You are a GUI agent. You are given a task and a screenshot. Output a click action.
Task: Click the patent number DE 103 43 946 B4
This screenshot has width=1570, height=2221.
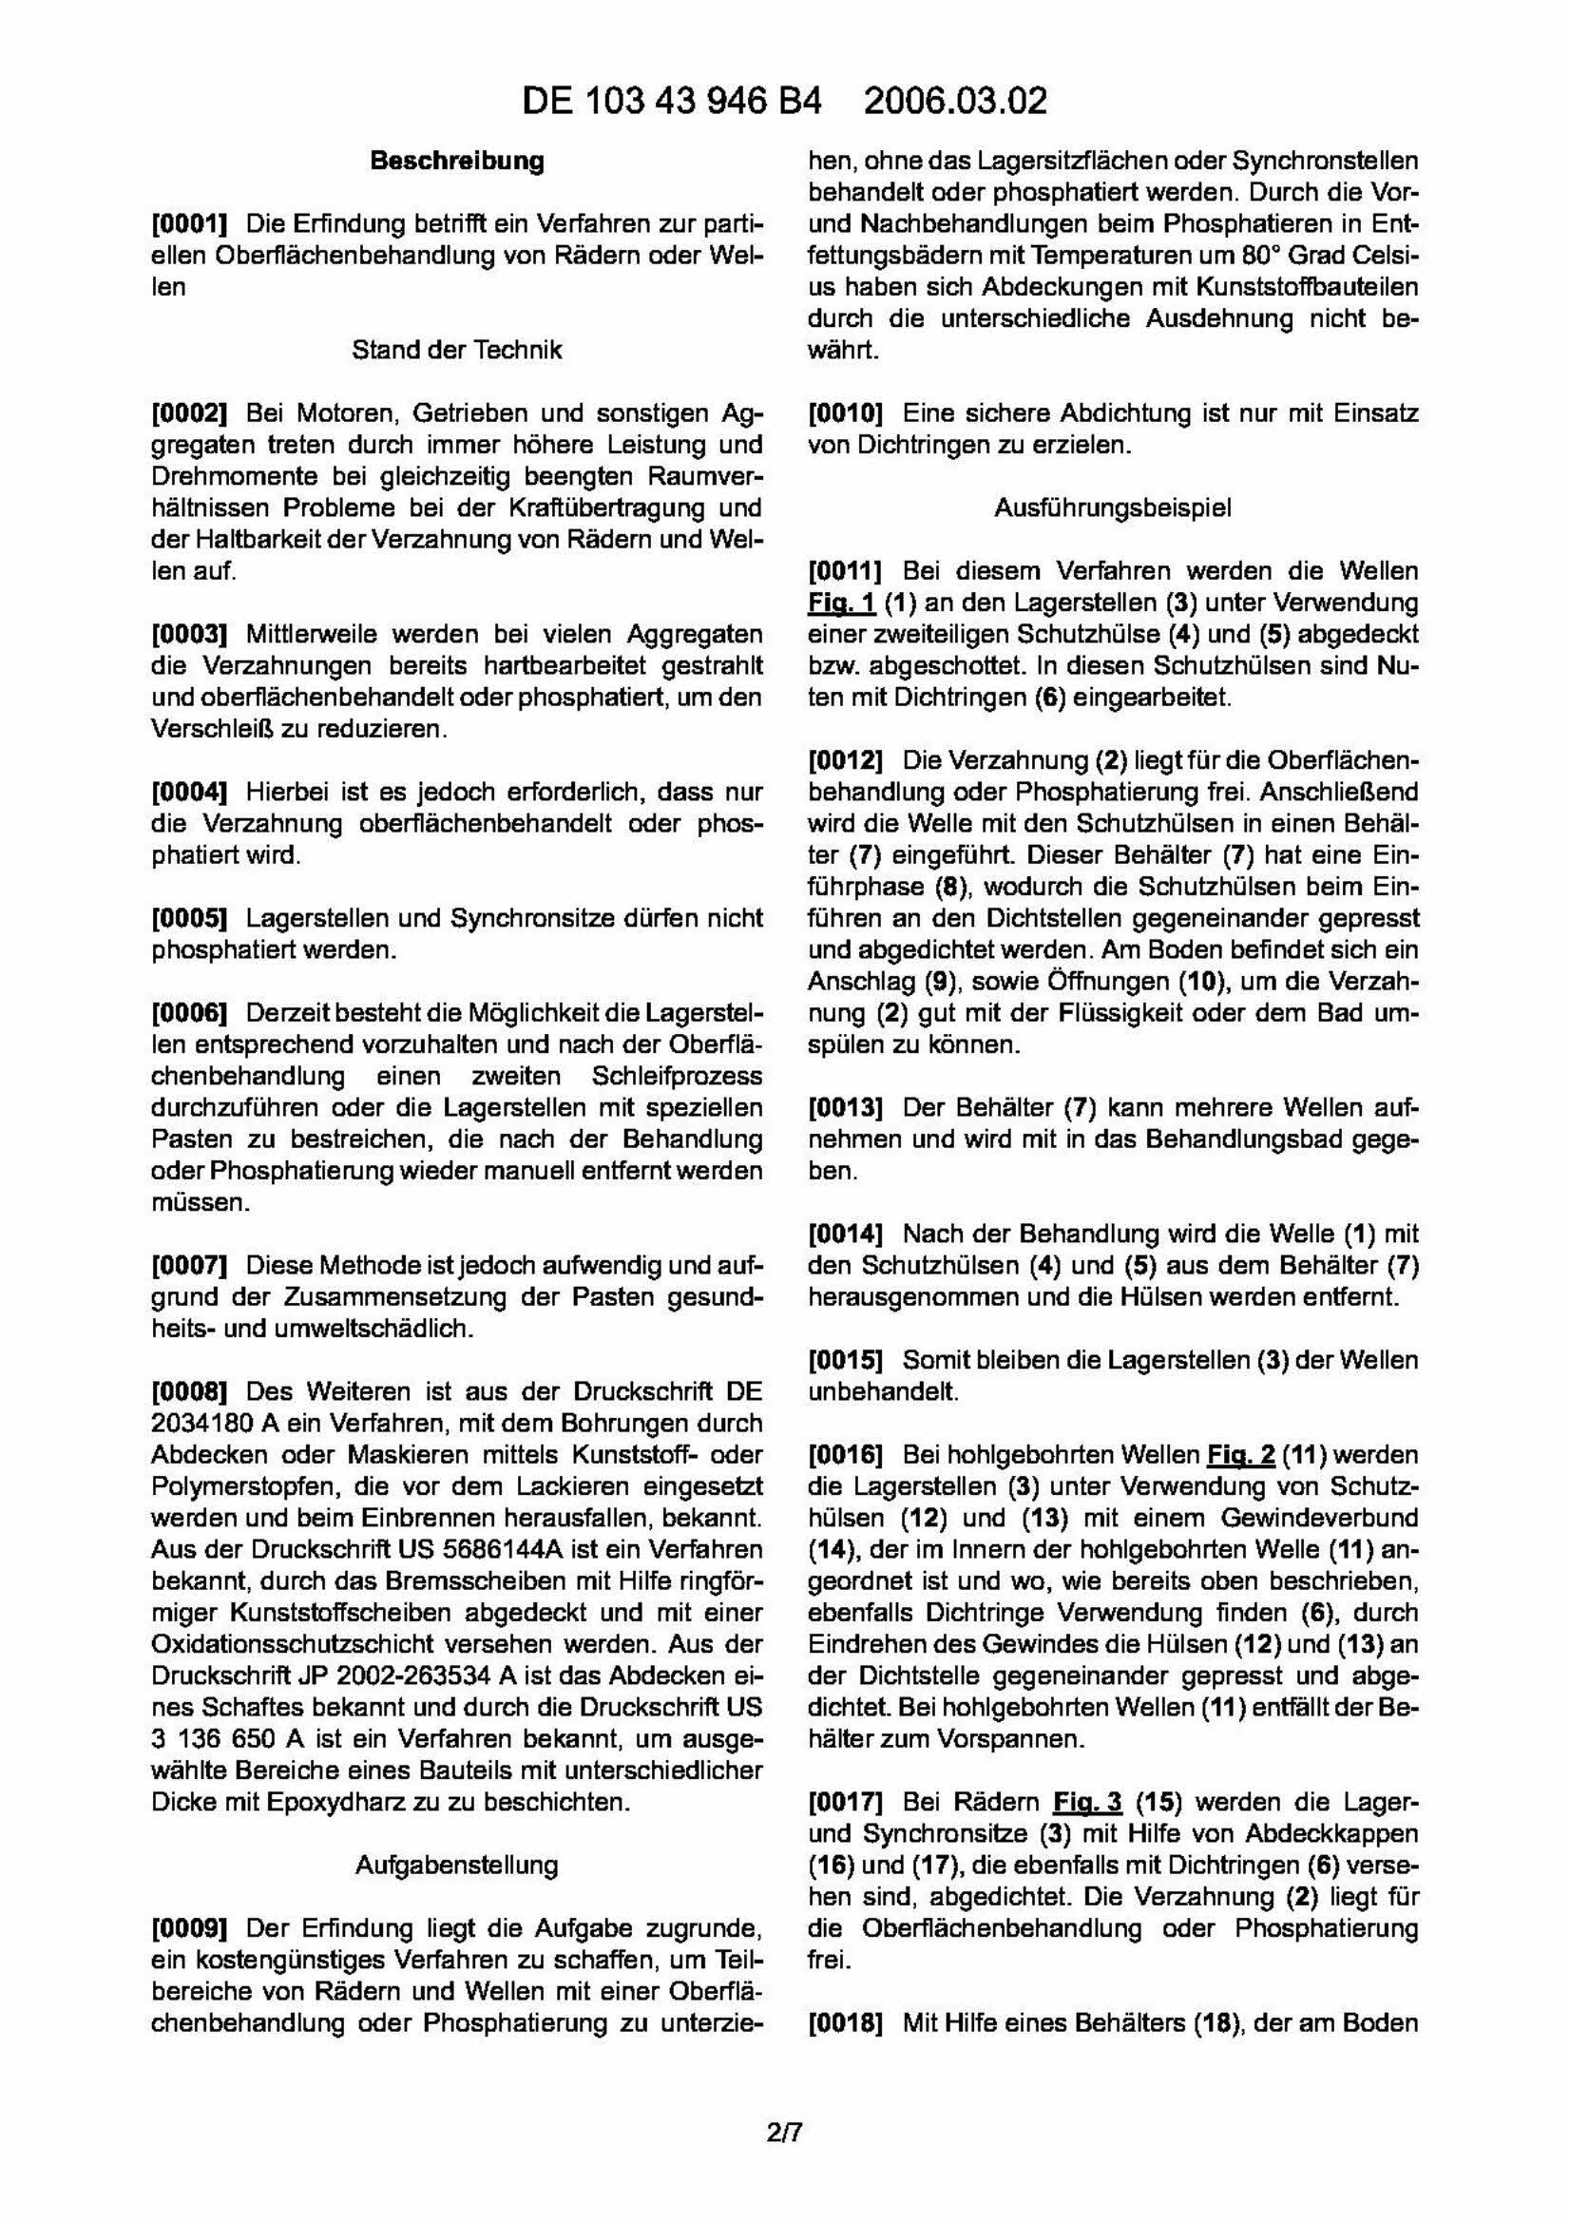pyautogui.click(x=671, y=102)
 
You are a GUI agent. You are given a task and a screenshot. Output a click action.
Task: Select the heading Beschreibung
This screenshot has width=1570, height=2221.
pyautogui.click(x=456, y=161)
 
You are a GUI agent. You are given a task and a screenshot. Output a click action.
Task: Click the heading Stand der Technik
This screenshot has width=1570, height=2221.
pyautogui.click(x=456, y=349)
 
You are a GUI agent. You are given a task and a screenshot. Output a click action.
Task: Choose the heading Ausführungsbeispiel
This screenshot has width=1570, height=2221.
pyautogui.click(x=1113, y=507)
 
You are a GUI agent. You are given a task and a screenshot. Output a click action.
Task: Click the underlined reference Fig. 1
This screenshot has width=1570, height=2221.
pyautogui.click(x=842, y=603)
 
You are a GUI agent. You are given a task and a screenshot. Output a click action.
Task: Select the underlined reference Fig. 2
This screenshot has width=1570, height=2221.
pyautogui.click(x=1240, y=1455)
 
